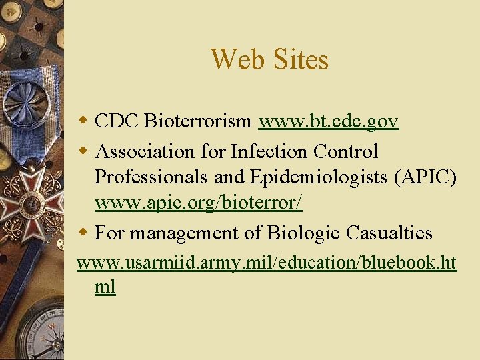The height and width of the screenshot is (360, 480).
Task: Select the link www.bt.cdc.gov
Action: [329, 121]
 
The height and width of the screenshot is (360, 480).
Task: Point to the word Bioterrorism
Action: [197, 121]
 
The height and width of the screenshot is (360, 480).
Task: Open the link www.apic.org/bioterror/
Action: [198, 205]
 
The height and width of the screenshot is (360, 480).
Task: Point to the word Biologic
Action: [304, 233]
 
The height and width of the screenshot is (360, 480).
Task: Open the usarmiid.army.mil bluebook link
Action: [266, 263]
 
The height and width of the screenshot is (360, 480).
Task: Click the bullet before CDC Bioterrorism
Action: [83, 121]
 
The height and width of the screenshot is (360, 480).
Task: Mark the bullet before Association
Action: [83, 152]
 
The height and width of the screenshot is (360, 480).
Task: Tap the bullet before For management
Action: [83, 233]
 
